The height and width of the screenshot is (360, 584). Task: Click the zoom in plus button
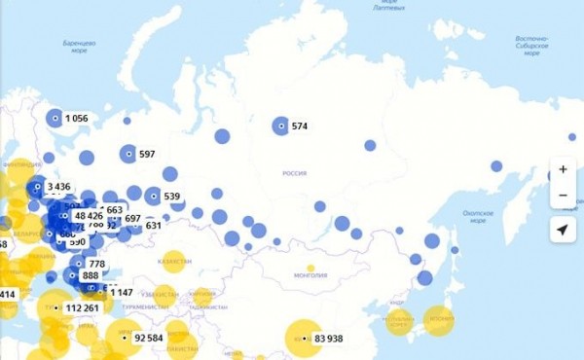pyautogui.click(x=563, y=169)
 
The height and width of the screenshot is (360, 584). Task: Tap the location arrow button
pyautogui.click(x=563, y=230)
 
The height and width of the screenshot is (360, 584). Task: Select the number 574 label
pyautogui.click(x=299, y=126)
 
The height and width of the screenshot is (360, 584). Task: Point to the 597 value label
pyautogui.click(x=147, y=154)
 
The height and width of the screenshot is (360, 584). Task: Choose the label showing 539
pyautogui.click(x=172, y=197)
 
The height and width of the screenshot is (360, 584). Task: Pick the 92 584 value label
pyautogui.click(x=148, y=338)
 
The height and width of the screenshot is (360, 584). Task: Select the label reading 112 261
pyautogui.click(x=83, y=308)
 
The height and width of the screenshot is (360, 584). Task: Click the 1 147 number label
pyautogui.click(x=121, y=292)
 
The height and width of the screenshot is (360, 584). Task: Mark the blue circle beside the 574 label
pyautogui.click(x=280, y=126)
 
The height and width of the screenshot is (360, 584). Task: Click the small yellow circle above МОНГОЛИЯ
pyautogui.click(x=310, y=269)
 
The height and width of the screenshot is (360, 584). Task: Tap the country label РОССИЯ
pyautogui.click(x=294, y=172)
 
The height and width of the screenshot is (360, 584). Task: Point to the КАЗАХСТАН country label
pyautogui.click(x=174, y=263)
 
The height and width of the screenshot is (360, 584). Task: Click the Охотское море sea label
pyautogui.click(x=478, y=215)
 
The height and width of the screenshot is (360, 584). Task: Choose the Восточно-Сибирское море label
pyautogui.click(x=531, y=46)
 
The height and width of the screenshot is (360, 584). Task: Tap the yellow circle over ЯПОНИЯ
pyautogui.click(x=441, y=318)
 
